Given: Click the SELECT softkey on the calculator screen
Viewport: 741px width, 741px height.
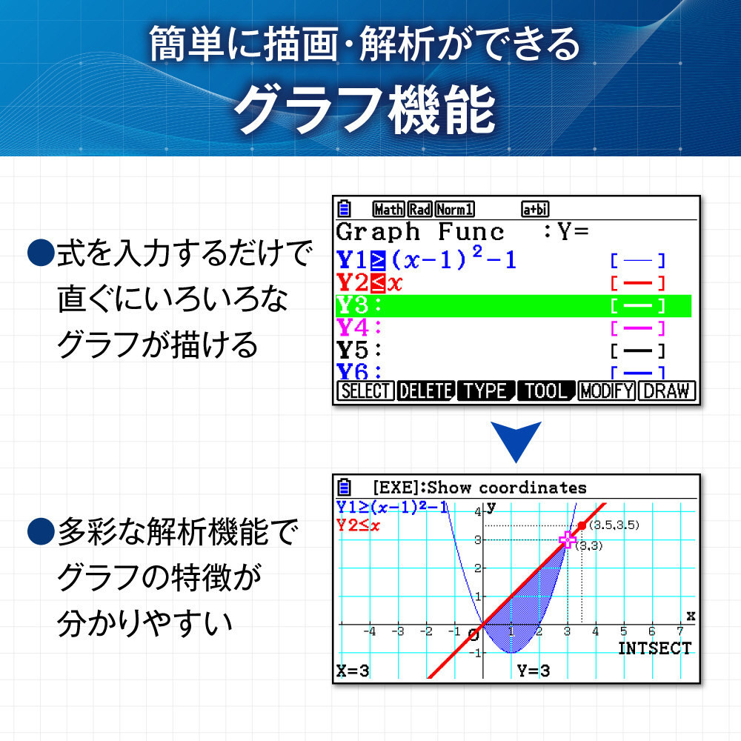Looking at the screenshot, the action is (x=365, y=391).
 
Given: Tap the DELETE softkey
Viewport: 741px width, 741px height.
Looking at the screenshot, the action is (x=426, y=391).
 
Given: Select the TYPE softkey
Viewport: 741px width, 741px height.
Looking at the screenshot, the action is (x=486, y=391).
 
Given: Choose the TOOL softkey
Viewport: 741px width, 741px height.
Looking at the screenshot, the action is (x=546, y=391).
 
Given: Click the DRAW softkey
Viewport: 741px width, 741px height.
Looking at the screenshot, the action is (x=666, y=391).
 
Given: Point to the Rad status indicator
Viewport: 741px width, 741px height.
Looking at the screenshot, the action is (x=419, y=209).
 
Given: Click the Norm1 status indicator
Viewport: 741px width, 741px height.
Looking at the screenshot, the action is (x=455, y=209).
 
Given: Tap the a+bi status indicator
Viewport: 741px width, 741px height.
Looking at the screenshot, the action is (x=535, y=209).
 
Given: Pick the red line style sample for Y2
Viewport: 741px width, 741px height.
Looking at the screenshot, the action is (x=637, y=284).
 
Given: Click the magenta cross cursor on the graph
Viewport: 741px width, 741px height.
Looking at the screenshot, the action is (x=567, y=539).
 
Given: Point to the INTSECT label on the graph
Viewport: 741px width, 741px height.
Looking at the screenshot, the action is (x=655, y=648).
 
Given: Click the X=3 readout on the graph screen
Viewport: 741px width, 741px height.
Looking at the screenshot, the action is (x=353, y=671).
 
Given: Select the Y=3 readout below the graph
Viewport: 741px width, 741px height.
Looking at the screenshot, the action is (x=533, y=671).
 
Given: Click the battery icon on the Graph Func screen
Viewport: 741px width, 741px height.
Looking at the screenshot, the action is (x=344, y=208).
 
